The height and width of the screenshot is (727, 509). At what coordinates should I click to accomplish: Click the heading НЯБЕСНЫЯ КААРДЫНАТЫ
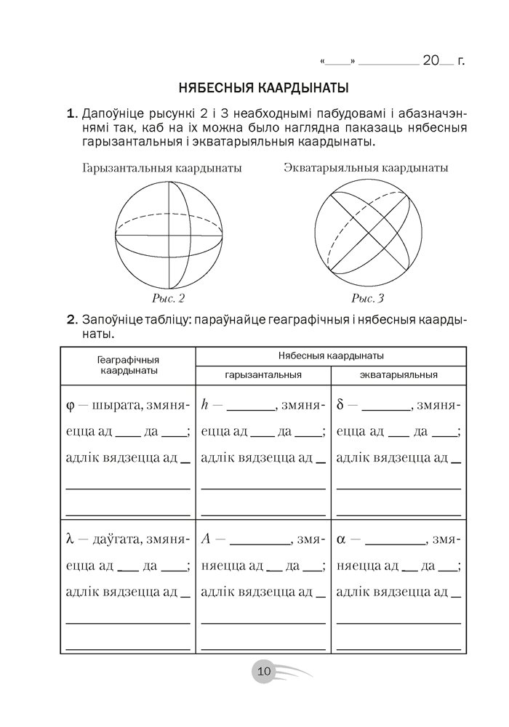tap(263, 89)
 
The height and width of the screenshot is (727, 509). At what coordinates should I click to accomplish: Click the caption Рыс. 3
tap(367, 298)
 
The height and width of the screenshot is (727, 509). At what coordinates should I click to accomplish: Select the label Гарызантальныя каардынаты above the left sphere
tap(163, 168)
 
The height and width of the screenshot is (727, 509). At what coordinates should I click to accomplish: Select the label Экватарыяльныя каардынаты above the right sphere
tap(366, 168)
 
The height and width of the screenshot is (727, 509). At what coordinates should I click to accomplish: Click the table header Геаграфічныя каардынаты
tap(128, 365)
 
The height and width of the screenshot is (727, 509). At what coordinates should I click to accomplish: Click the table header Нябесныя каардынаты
tap(332, 356)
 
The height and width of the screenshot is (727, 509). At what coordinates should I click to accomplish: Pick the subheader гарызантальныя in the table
tap(263, 375)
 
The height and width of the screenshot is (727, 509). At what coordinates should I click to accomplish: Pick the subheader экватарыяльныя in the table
tap(398, 375)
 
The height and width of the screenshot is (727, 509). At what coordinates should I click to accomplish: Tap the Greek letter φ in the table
tap(70, 404)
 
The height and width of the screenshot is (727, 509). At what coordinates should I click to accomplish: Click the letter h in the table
tap(204, 403)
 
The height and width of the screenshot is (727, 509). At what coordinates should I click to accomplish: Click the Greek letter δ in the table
tap(341, 403)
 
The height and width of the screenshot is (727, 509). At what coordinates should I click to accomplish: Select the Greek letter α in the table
tap(342, 540)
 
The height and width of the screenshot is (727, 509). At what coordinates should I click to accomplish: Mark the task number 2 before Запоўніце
tap(71, 320)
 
